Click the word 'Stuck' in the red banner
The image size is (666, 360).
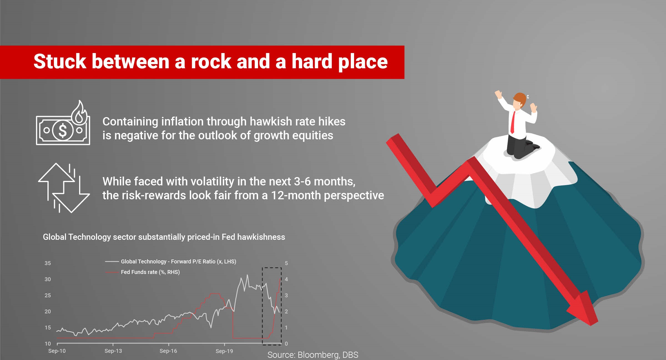click(x=60, y=61)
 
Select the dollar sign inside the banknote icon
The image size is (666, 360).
click(x=63, y=130)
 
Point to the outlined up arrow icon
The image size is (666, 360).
click(x=56, y=180)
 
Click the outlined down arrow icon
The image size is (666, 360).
click(x=72, y=194)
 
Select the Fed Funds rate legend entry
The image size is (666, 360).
click(x=143, y=272)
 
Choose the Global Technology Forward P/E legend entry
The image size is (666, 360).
click(x=171, y=261)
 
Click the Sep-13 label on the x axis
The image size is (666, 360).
click(x=113, y=351)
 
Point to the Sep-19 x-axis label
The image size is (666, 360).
click(x=224, y=351)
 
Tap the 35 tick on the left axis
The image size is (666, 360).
click(x=48, y=263)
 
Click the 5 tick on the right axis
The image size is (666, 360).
click(x=286, y=263)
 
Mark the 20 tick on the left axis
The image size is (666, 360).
click(x=48, y=311)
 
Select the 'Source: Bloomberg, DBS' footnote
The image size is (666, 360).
click(x=313, y=355)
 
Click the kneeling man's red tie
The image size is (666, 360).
click(x=513, y=122)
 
